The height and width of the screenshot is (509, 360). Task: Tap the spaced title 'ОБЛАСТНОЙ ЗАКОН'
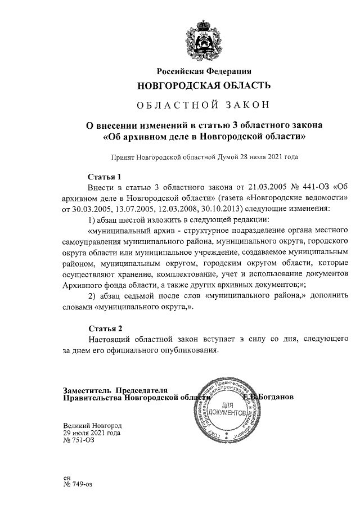tap(204, 105)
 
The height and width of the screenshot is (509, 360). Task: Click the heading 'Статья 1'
tap(105, 177)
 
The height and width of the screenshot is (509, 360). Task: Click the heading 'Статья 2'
tap(105, 328)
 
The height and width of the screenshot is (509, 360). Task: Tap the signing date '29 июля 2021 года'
tap(92, 433)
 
